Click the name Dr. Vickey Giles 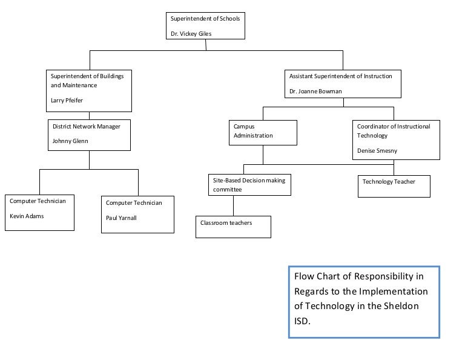coord(191,34)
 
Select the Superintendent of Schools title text coord(205,19)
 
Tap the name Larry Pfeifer coord(67,101)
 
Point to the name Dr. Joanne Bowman coord(315,92)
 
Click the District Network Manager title coord(87,127)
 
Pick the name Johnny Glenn coord(70,141)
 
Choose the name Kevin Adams coord(27,216)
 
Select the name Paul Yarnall coord(121,218)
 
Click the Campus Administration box coord(262,133)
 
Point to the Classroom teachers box coord(233,226)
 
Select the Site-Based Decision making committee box coord(248,185)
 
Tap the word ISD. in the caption coord(302,321)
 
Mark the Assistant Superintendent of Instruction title coord(340,76)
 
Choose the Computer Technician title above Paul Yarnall coord(134,203)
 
